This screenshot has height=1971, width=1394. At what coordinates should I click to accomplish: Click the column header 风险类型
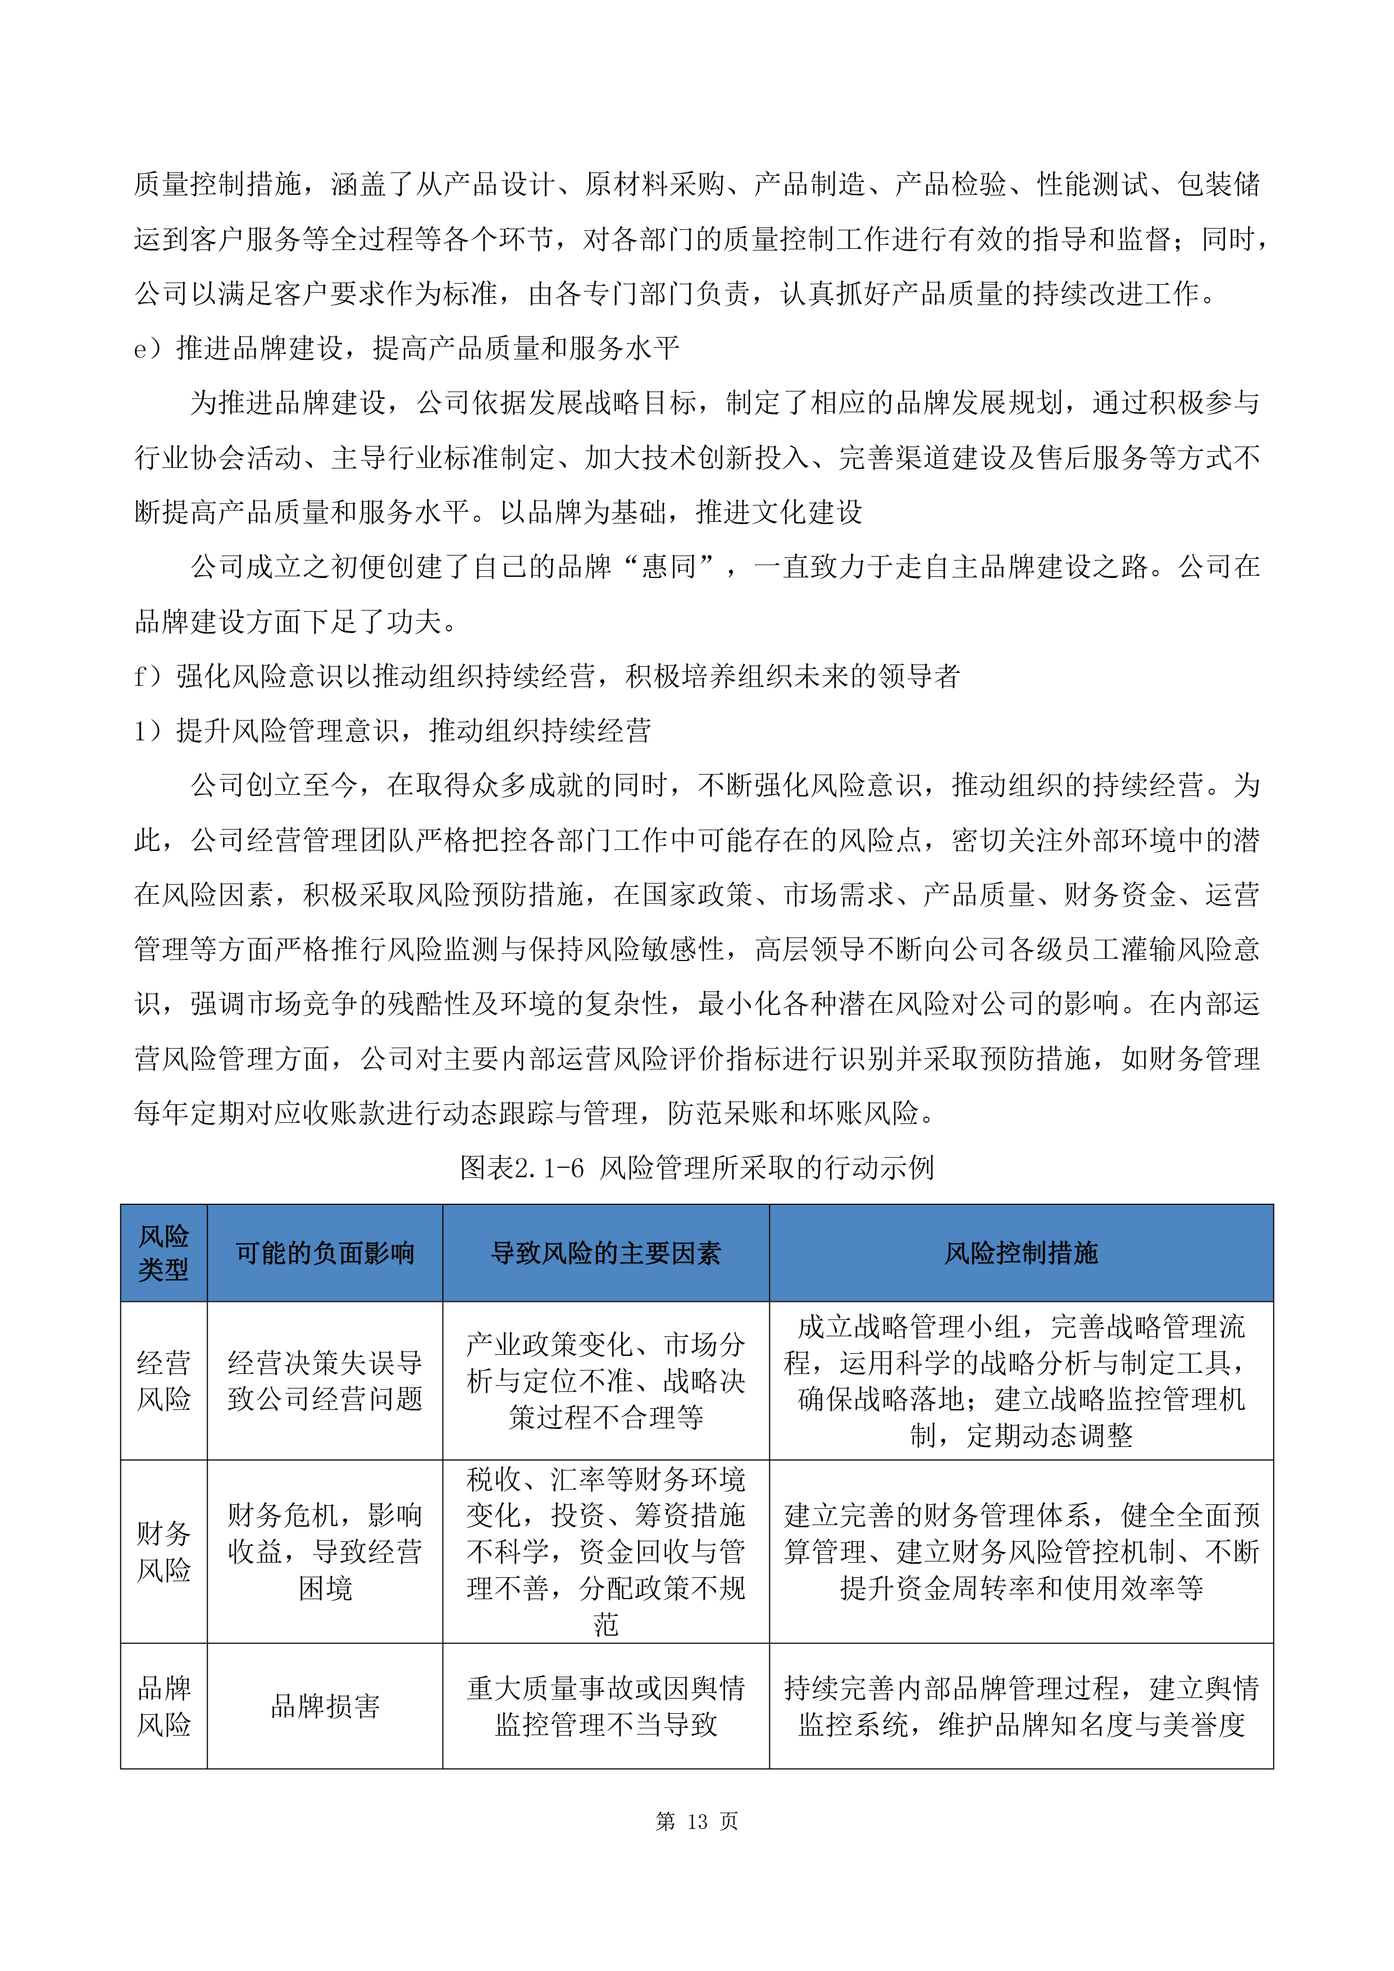click(163, 1253)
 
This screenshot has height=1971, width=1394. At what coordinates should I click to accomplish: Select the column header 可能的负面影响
click(325, 1253)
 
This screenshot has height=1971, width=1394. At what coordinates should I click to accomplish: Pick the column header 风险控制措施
click(1021, 1253)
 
